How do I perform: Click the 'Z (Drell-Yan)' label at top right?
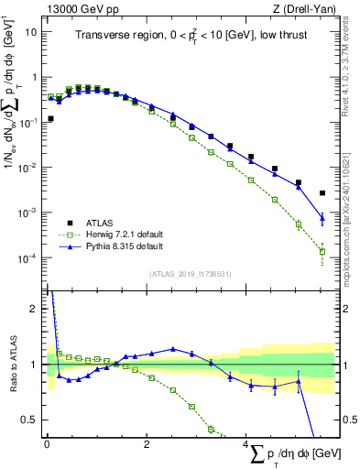[x=307, y=7]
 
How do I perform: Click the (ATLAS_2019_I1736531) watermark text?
[x=190, y=274]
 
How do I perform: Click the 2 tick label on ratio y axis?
[x=34, y=309]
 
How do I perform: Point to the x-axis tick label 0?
[x=47, y=444]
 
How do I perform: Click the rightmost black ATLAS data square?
[x=322, y=193]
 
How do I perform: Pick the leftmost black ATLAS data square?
[x=51, y=119]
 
